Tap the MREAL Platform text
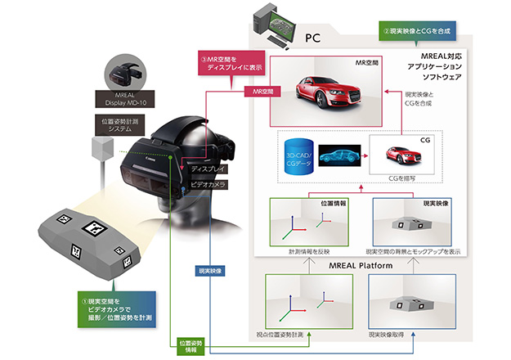click(x=353, y=264)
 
